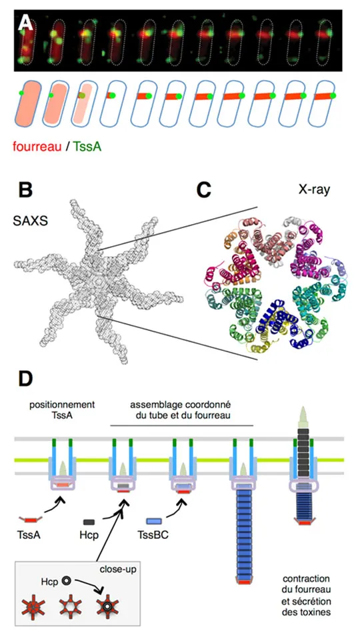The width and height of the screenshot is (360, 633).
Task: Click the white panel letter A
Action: coord(26,23)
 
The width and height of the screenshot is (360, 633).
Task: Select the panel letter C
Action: coord(204,190)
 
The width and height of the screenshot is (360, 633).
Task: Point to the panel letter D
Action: coord(25,378)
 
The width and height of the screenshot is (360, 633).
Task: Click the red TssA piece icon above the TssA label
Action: coord(28,520)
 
